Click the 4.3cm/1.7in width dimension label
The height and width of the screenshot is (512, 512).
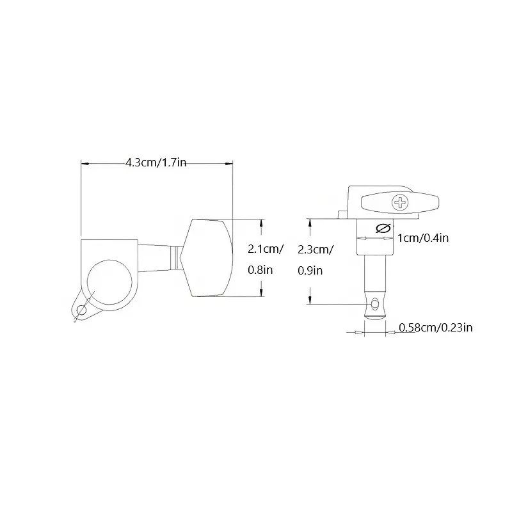pyautogui.click(x=156, y=163)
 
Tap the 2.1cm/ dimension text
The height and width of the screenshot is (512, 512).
pyautogui.click(x=266, y=249)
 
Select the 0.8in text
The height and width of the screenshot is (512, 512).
pyautogui.click(x=260, y=270)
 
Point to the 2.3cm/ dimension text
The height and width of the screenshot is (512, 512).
pyautogui.click(x=316, y=250)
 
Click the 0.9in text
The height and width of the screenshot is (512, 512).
pyautogui.click(x=310, y=271)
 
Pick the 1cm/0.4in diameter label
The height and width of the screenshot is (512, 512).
pyautogui.click(x=423, y=238)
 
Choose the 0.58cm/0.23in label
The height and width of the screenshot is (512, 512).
pyautogui.click(x=436, y=327)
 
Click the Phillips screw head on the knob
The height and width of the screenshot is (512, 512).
pyautogui.click(x=400, y=203)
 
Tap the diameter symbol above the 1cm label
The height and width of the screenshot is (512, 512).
pyautogui.click(x=383, y=228)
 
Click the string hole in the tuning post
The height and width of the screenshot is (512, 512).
pyautogui.click(x=375, y=304)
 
